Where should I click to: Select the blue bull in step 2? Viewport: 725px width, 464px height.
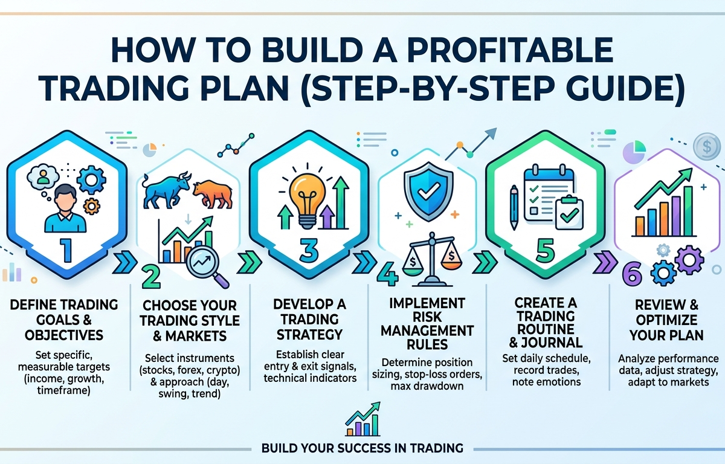165,188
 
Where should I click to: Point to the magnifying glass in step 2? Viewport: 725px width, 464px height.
205,265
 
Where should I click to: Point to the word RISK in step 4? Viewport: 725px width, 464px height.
432,316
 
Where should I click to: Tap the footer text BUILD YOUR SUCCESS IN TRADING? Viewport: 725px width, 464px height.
362,448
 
